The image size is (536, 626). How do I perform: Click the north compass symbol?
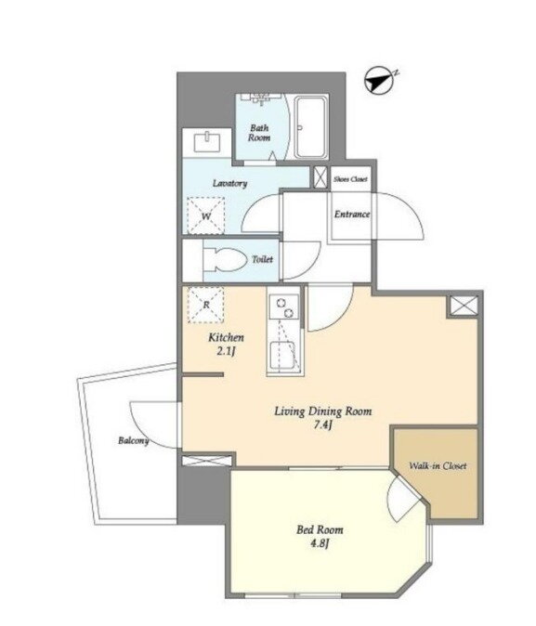click(x=379, y=80)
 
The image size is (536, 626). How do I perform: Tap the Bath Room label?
click(x=259, y=133)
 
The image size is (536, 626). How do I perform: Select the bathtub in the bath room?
click(x=311, y=127)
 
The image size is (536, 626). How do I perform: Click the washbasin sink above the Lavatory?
click(x=207, y=142)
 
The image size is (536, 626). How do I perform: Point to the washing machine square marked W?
click(x=206, y=215)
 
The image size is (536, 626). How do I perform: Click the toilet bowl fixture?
click(x=225, y=259)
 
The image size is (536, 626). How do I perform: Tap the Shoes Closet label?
click(x=351, y=179)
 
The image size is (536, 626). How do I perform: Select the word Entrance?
click(x=352, y=215)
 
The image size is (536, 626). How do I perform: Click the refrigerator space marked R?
click(x=206, y=305)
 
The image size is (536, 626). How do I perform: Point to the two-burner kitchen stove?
click(x=284, y=306)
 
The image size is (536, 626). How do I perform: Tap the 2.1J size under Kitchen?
click(x=226, y=351)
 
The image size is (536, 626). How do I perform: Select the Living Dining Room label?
click(x=322, y=411)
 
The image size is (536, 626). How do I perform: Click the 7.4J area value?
click(x=322, y=425)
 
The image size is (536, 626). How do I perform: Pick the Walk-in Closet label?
click(x=438, y=466)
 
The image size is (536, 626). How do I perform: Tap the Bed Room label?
click(x=320, y=530)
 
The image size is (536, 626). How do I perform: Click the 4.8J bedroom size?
click(x=320, y=543)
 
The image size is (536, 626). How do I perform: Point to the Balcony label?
click(x=134, y=441)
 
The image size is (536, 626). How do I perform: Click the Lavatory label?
click(x=229, y=183)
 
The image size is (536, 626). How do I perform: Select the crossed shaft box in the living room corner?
click(x=464, y=306)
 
